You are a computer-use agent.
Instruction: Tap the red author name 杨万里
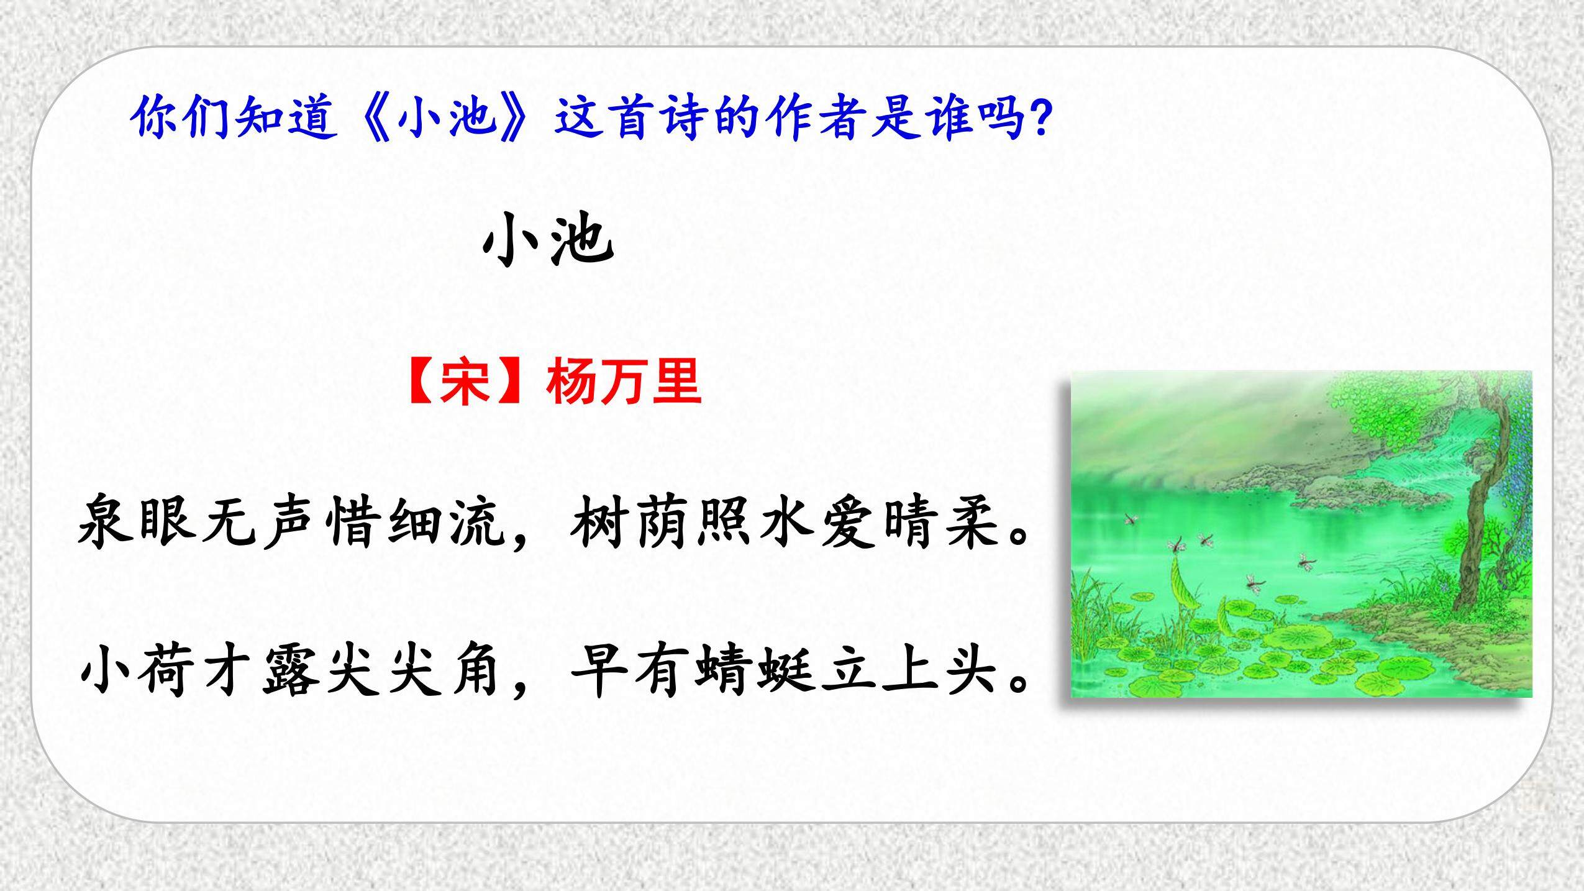(624, 383)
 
